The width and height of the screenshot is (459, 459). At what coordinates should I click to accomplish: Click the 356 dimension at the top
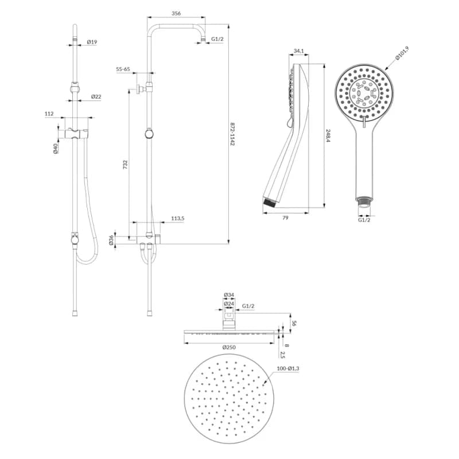pyautogui.click(x=176, y=13)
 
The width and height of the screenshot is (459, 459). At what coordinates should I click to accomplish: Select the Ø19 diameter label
pyautogui.click(x=92, y=42)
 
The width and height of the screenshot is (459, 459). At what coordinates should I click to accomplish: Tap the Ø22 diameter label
pyautogui.click(x=96, y=96)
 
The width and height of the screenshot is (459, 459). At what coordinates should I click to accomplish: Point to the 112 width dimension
pyautogui.click(x=49, y=114)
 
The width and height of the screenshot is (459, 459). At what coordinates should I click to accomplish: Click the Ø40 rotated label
pyautogui.click(x=56, y=149)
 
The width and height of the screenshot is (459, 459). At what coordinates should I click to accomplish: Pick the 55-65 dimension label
pyautogui.click(x=123, y=69)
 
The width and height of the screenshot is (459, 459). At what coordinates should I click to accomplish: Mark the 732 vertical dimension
pyautogui.click(x=125, y=165)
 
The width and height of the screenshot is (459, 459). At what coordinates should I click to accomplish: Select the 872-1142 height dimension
pyautogui.click(x=232, y=134)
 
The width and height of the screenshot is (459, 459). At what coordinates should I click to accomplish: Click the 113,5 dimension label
pyautogui.click(x=178, y=219)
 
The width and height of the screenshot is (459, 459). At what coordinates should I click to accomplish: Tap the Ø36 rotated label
pyautogui.click(x=111, y=239)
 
